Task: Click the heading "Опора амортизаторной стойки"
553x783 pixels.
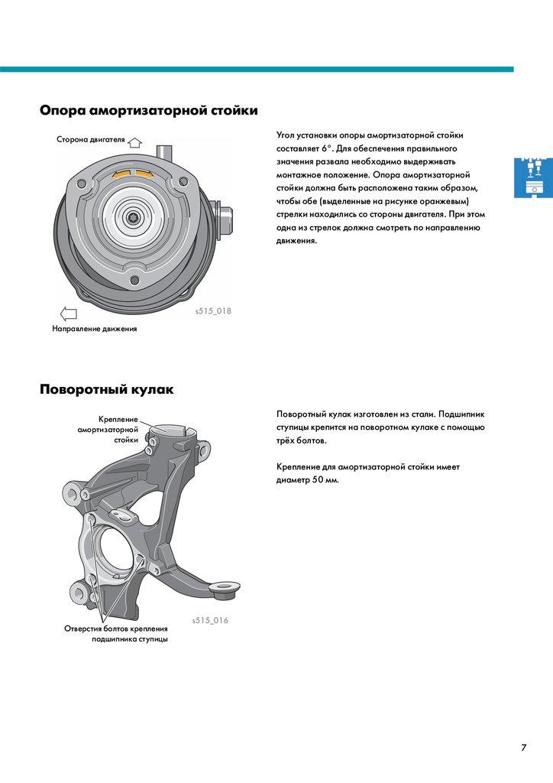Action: pyautogui.click(x=148, y=111)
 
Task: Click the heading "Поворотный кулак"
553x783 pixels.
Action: pyautogui.click(x=106, y=390)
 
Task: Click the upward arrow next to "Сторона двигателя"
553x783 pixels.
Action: pyautogui.click(x=135, y=142)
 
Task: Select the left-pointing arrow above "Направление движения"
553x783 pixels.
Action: pyautogui.click(x=69, y=313)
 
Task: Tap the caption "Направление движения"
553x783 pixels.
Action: pyautogui.click(x=95, y=330)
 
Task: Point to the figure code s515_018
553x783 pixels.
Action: pyautogui.click(x=212, y=311)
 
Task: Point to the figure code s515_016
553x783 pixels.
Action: pyautogui.click(x=209, y=620)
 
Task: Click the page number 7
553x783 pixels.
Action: pyautogui.click(x=524, y=748)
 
